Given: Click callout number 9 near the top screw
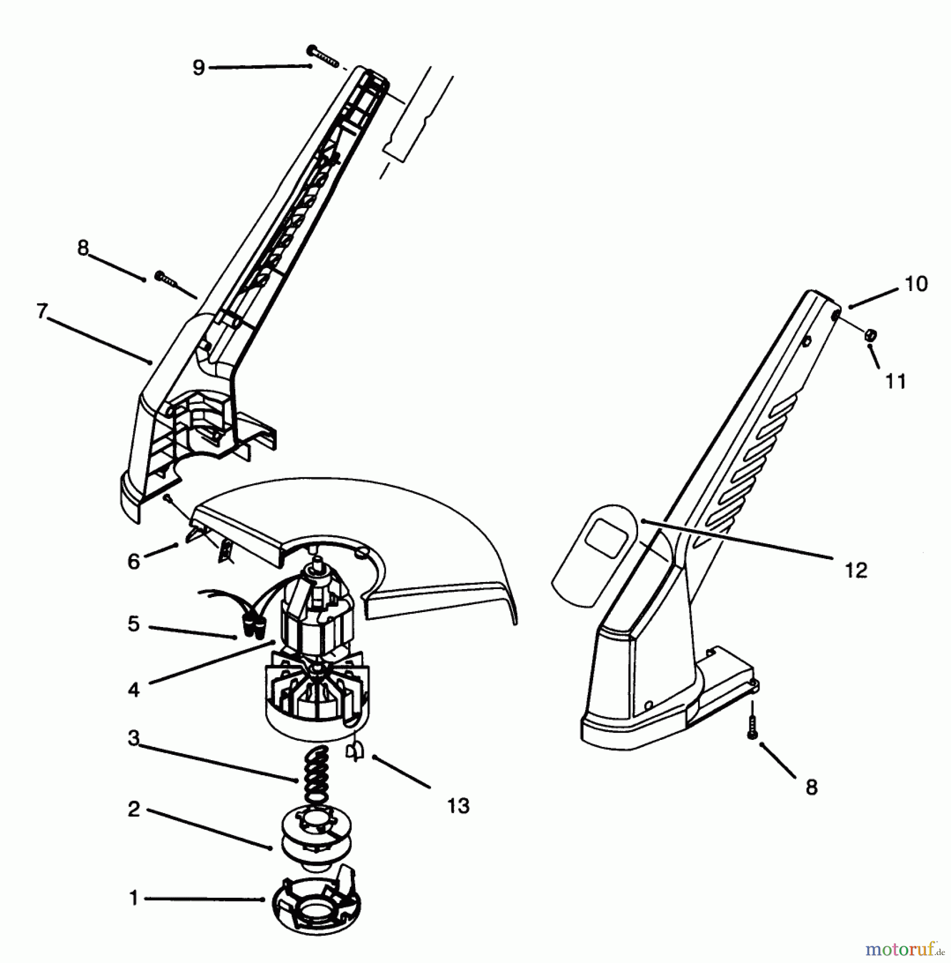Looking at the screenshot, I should pos(198,68).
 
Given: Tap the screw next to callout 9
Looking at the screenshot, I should pos(323,56).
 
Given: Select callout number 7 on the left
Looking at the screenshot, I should pos(42,311).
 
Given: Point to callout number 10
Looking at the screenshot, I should pos(916,284).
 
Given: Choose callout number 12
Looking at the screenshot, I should pos(856,570).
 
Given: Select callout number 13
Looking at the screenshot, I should pos(458,806).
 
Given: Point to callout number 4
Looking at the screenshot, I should pos(134,690).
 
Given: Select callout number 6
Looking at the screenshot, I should pos(134,561).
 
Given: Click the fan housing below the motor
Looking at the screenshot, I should pos(317,695).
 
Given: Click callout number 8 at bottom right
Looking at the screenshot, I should pos(811,788).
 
